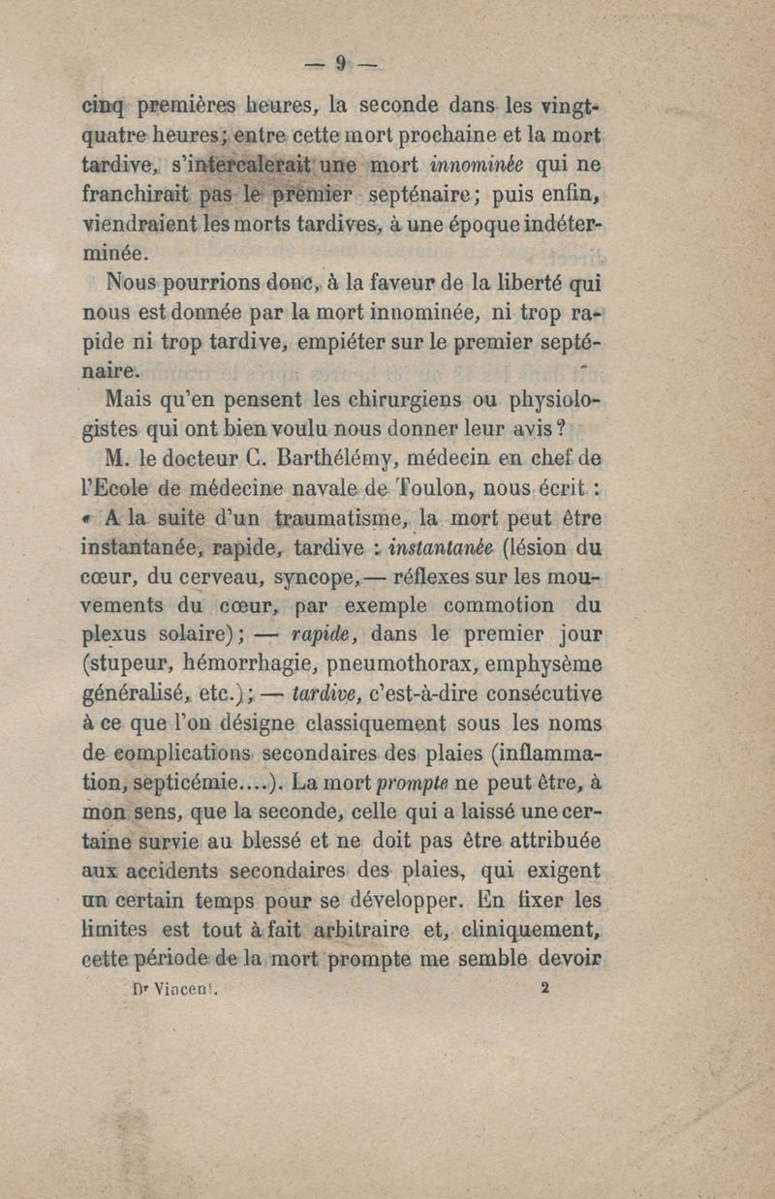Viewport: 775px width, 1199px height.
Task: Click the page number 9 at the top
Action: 340,64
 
